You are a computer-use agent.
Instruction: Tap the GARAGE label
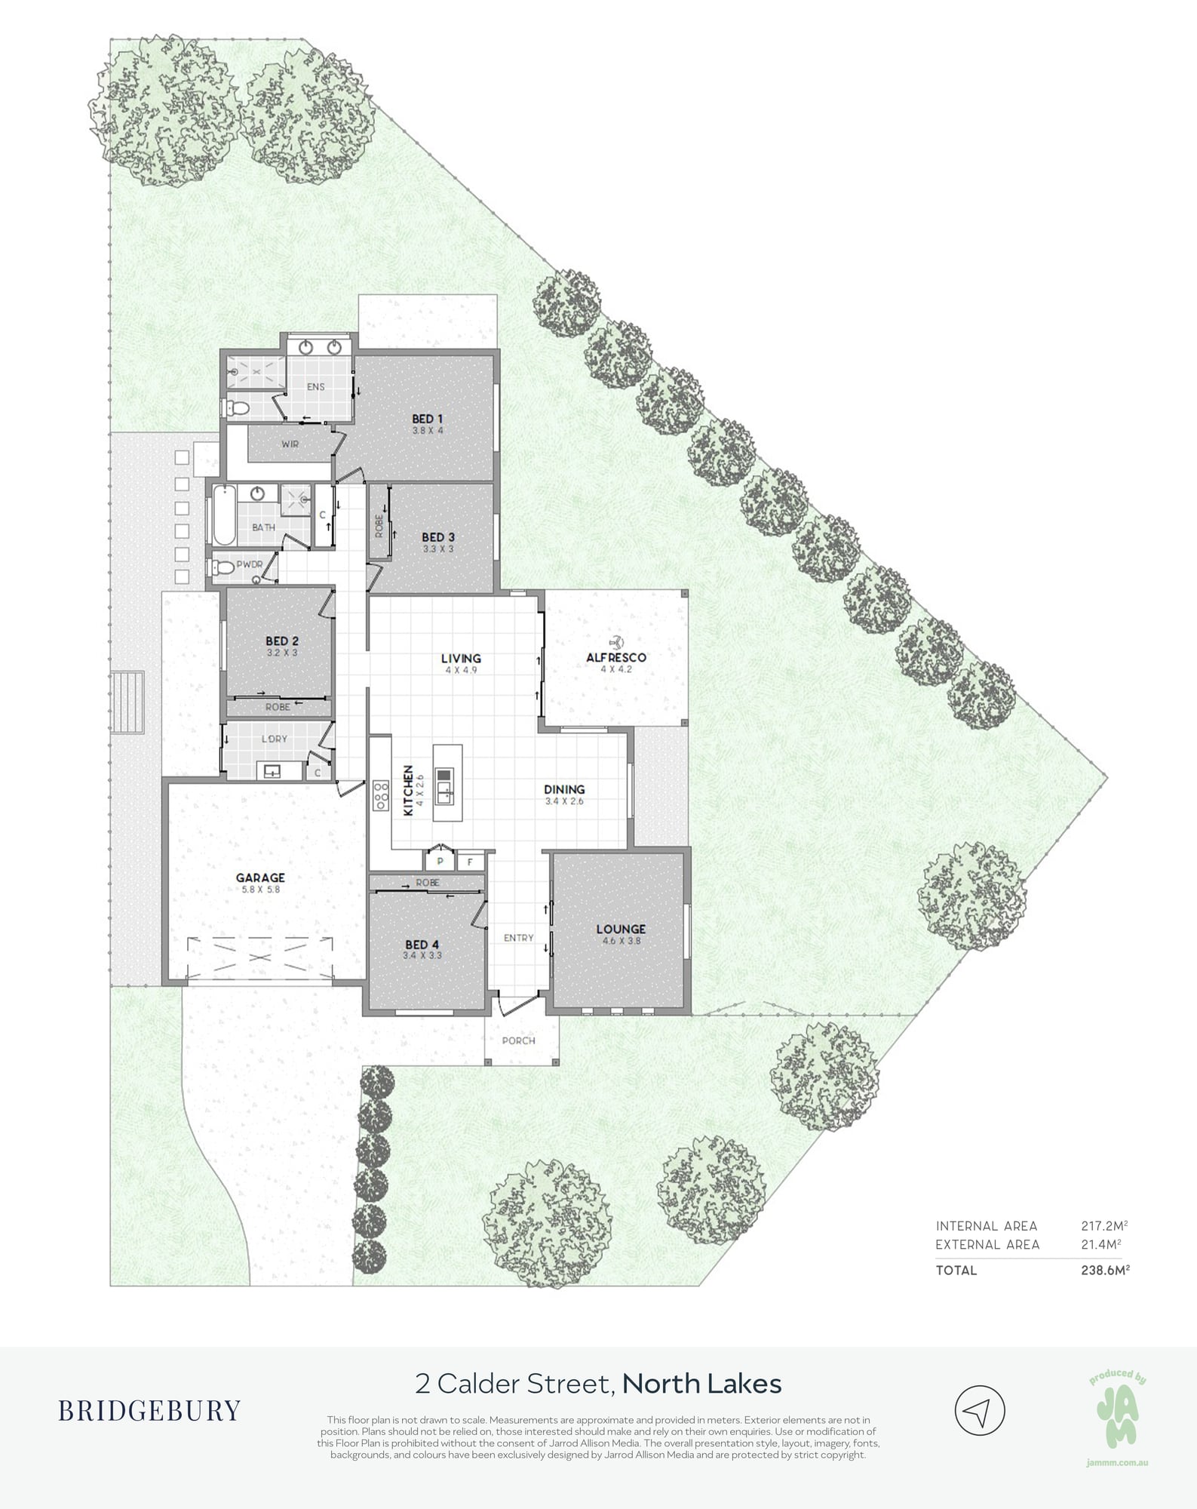260,877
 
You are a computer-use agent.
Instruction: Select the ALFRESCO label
616,657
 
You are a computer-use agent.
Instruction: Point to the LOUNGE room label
621,930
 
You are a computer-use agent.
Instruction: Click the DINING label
564,790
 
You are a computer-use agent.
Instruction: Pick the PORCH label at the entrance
519,1040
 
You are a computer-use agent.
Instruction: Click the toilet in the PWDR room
224,565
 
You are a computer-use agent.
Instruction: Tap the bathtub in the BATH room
224,516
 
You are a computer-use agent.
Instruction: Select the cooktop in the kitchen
379,794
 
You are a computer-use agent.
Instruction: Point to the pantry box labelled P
440,861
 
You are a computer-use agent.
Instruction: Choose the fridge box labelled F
470,862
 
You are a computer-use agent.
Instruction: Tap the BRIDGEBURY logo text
149,1410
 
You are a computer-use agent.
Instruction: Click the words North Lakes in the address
702,1384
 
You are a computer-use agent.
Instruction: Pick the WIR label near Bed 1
290,444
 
